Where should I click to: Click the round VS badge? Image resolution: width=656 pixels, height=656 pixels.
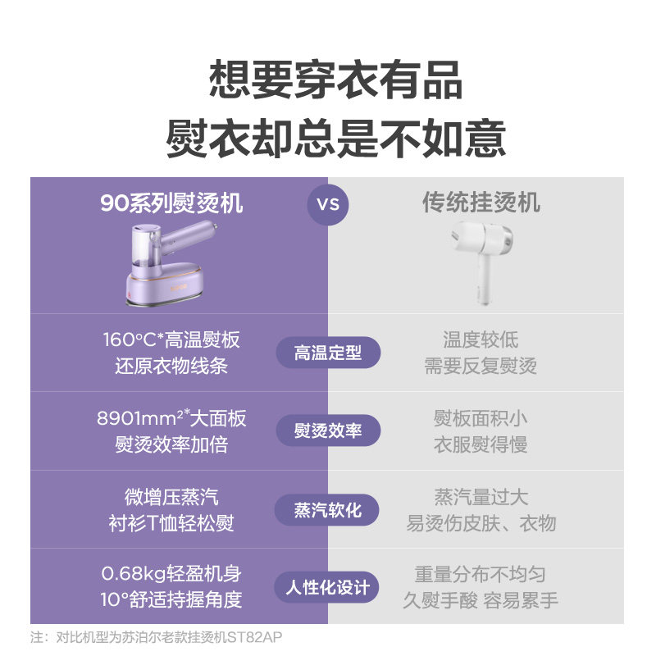tap(328, 204)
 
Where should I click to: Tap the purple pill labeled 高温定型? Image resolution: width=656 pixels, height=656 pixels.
tap(328, 353)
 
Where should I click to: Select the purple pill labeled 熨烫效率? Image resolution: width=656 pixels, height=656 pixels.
tap(328, 430)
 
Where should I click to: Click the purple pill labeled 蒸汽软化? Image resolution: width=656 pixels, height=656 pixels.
tap(326, 510)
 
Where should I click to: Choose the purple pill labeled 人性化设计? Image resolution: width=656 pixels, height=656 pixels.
tap(326, 587)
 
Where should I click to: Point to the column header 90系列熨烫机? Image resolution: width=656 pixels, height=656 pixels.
tap(171, 203)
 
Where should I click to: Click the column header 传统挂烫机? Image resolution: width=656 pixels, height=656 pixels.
tap(481, 203)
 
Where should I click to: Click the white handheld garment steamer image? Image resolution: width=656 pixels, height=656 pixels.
tap(482, 262)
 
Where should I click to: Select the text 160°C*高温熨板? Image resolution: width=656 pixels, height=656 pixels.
tap(171, 339)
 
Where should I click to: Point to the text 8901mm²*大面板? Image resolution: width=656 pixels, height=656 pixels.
tap(171, 418)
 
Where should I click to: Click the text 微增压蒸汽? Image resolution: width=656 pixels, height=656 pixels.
tap(171, 497)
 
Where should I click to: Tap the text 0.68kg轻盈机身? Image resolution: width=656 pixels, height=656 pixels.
tap(171, 573)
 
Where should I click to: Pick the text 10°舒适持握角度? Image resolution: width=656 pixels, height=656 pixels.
tap(171, 599)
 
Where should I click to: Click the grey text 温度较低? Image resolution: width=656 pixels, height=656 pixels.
tap(481, 339)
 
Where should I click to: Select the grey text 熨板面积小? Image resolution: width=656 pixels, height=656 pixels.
tap(481, 418)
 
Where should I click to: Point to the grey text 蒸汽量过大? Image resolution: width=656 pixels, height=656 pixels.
tap(481, 497)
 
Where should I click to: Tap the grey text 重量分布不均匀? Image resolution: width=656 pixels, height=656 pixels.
tap(481, 574)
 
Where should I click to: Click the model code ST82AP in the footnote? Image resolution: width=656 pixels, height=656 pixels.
tap(254, 637)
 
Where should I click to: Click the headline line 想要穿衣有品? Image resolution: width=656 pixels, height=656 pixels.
tap(336, 80)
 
